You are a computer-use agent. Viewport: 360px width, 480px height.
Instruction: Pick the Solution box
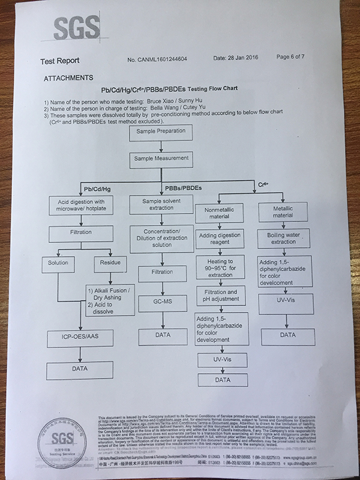(x=59, y=262)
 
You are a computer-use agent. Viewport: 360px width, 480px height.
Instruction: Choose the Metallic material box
(x=283, y=211)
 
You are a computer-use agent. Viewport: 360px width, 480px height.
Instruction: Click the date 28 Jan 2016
(x=236, y=59)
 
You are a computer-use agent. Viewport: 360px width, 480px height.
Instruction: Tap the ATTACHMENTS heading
(x=68, y=78)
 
